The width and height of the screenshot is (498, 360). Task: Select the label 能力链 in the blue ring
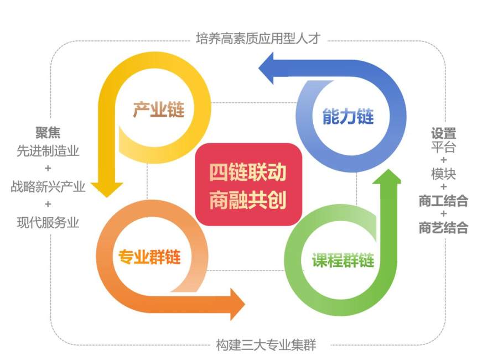pyautogui.click(x=347, y=116)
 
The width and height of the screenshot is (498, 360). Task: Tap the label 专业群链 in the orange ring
pyautogui.click(x=150, y=257)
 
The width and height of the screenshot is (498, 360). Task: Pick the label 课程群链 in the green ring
pyautogui.click(x=343, y=260)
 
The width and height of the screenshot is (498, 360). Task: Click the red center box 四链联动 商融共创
pyautogui.click(x=248, y=184)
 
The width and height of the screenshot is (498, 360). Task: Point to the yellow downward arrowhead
pyautogui.click(x=106, y=188)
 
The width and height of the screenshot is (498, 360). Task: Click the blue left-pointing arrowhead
pyautogui.click(x=269, y=66)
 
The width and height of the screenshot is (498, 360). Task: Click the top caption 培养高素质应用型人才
pyautogui.click(x=258, y=39)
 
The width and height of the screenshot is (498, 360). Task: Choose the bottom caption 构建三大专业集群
pyautogui.click(x=266, y=346)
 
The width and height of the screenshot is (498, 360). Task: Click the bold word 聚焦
pyautogui.click(x=48, y=133)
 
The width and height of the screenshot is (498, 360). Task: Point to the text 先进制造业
pyautogui.click(x=48, y=151)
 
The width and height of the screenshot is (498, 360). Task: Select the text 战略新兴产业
pyautogui.click(x=48, y=186)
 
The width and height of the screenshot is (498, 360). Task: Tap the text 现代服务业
pyautogui.click(x=48, y=222)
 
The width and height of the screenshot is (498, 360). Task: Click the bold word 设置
pyautogui.click(x=444, y=133)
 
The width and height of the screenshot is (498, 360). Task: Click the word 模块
pyautogui.click(x=444, y=174)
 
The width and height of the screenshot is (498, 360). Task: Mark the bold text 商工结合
pyautogui.click(x=444, y=200)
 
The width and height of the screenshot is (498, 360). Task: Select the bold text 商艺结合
pyautogui.click(x=444, y=227)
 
